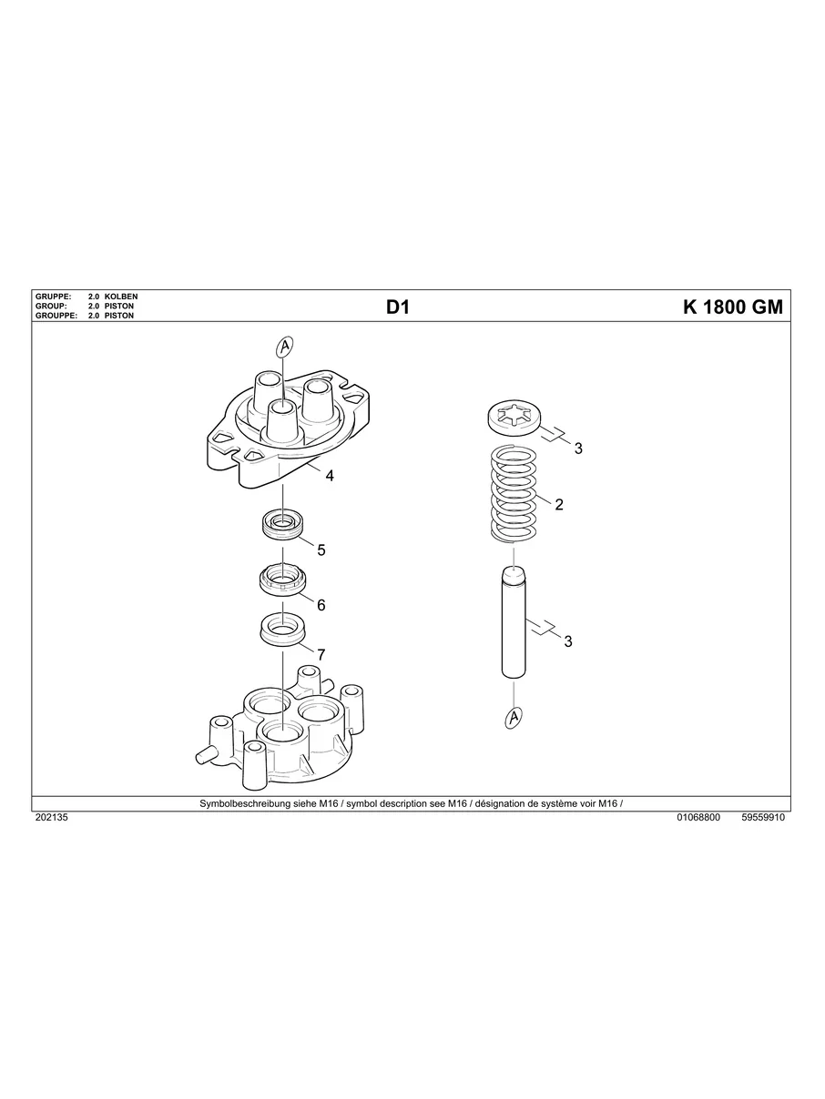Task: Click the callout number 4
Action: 330,475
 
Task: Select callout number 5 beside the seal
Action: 321,549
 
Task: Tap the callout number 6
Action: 321,604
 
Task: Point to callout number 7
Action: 321,654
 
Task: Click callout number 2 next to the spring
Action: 559,504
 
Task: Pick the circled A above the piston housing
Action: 284,347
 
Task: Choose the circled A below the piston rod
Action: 514,719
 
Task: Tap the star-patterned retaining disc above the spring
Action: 514,419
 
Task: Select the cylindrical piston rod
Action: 514,622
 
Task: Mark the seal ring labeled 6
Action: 283,579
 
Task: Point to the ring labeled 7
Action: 283,628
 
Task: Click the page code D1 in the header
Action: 398,308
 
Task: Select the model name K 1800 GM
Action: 732,308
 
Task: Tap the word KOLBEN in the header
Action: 121,297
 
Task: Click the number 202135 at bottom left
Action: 51,818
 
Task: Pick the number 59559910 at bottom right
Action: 763,818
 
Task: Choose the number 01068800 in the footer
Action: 698,818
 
